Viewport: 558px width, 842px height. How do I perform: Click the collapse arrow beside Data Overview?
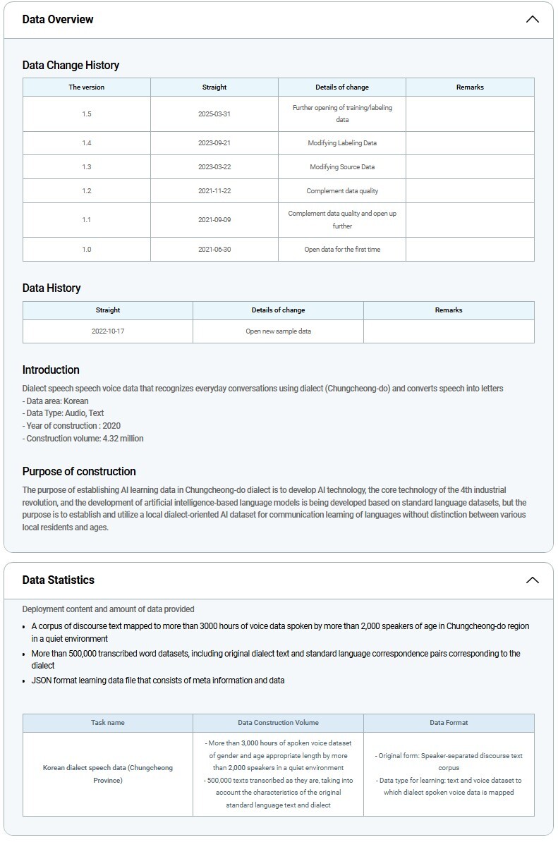(533, 19)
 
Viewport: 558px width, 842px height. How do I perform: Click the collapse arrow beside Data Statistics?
(533, 580)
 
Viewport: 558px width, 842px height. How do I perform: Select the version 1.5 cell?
(87, 114)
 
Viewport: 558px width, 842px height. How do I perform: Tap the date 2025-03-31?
(214, 114)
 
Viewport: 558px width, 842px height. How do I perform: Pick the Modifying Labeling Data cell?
(342, 143)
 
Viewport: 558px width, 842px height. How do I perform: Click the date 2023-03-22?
(214, 167)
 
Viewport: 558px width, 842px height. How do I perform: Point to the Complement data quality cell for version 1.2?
(342, 191)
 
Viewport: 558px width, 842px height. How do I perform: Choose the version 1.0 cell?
(87, 250)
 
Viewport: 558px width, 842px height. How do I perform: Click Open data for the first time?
(342, 250)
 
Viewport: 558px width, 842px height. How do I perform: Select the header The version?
(87, 87)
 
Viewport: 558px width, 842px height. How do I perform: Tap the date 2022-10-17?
(108, 331)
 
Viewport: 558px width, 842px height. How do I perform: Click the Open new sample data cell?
(278, 331)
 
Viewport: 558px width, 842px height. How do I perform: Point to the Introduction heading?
(51, 370)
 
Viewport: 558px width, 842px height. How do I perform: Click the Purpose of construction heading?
(79, 471)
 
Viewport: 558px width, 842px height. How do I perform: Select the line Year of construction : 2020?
(71, 426)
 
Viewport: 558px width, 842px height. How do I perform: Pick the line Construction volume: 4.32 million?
(83, 439)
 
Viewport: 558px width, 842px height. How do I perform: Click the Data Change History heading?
(71, 65)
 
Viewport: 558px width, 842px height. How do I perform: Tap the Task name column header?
(108, 723)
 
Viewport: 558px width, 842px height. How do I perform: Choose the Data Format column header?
(449, 723)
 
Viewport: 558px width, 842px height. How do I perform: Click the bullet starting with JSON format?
(158, 681)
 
